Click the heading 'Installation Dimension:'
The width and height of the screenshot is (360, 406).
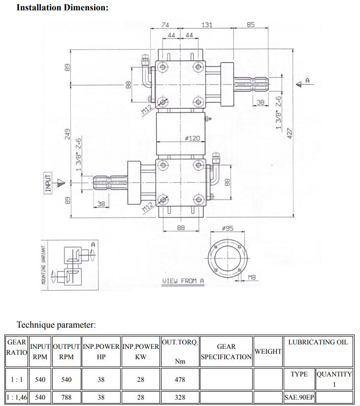[x=63, y=8]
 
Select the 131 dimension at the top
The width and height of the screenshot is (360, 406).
[x=207, y=25]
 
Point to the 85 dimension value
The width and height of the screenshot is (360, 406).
[x=251, y=25]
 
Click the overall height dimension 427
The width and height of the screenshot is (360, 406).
[x=290, y=134]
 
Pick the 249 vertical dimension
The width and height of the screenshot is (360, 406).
[x=68, y=134]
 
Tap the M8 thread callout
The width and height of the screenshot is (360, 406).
[x=252, y=277]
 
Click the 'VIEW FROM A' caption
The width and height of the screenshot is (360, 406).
[x=183, y=281]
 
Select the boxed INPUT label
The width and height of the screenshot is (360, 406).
[x=48, y=183]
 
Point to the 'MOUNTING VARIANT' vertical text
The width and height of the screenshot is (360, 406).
[x=43, y=265]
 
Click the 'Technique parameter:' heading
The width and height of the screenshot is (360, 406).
[x=56, y=325]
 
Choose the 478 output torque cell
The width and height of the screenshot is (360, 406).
[x=180, y=380]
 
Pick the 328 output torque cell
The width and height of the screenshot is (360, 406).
[x=180, y=397]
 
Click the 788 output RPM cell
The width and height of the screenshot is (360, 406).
[x=66, y=397]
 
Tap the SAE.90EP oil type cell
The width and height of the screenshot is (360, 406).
[x=299, y=397]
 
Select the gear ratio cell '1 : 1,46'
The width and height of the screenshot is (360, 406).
[x=17, y=397]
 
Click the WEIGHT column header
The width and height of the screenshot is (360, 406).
[x=268, y=351]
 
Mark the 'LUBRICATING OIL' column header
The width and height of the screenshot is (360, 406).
[x=318, y=342]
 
